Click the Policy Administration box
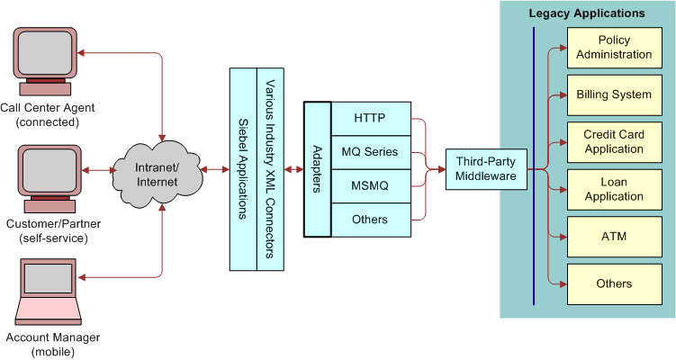coord(614,48)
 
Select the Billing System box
coord(614,94)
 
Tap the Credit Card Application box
coord(614,142)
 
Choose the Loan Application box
coord(614,189)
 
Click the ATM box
coord(614,237)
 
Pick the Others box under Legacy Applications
coord(614,283)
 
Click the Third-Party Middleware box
coord(486,169)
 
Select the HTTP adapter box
coord(369,118)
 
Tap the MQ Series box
coord(369,152)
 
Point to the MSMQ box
coord(369,185)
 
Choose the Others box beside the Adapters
coord(369,220)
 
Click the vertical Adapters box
coord(317,169)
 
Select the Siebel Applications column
coord(243,169)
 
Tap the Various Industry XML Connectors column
coord(270,169)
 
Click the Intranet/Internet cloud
coord(157,170)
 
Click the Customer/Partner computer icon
coord(51,178)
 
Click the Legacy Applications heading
coord(586,13)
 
